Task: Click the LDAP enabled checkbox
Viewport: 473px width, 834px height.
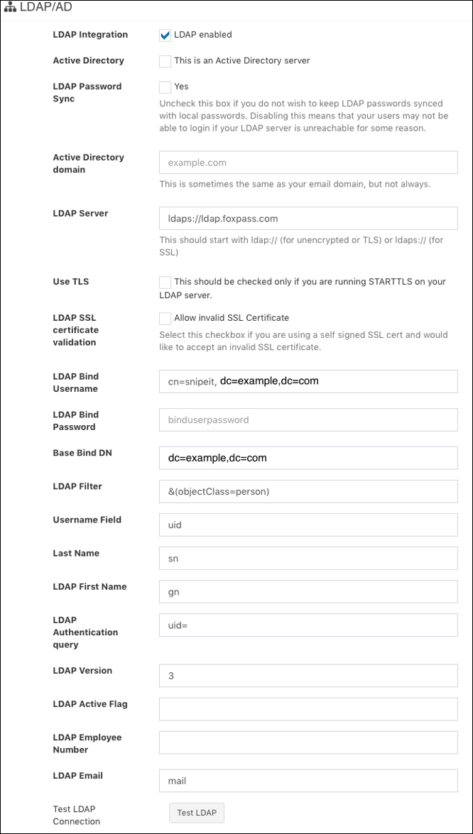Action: click(x=165, y=35)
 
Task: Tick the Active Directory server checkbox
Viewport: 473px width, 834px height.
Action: click(x=165, y=61)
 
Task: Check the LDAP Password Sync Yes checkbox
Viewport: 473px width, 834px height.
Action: click(x=165, y=87)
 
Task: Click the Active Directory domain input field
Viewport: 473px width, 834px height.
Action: click(x=308, y=163)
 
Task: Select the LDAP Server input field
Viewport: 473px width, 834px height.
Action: click(x=308, y=219)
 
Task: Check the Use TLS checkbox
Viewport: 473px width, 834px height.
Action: click(x=165, y=282)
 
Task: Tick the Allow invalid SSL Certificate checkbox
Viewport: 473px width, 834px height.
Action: click(x=165, y=318)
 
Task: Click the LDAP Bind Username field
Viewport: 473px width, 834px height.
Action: click(x=308, y=381)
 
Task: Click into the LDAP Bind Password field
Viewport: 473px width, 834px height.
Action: click(x=308, y=419)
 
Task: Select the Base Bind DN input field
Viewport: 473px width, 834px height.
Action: click(x=308, y=458)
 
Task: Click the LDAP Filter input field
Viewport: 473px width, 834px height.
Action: click(x=308, y=491)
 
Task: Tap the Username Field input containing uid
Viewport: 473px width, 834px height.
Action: click(x=308, y=525)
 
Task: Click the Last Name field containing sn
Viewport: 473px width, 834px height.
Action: click(x=308, y=558)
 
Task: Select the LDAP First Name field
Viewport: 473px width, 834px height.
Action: click(x=308, y=591)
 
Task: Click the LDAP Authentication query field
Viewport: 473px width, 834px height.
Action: click(x=308, y=625)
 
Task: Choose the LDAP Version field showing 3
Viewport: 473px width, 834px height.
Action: click(x=308, y=676)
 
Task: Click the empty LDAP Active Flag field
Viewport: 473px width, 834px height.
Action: click(x=308, y=709)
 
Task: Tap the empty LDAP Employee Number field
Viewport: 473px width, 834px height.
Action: click(x=308, y=742)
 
